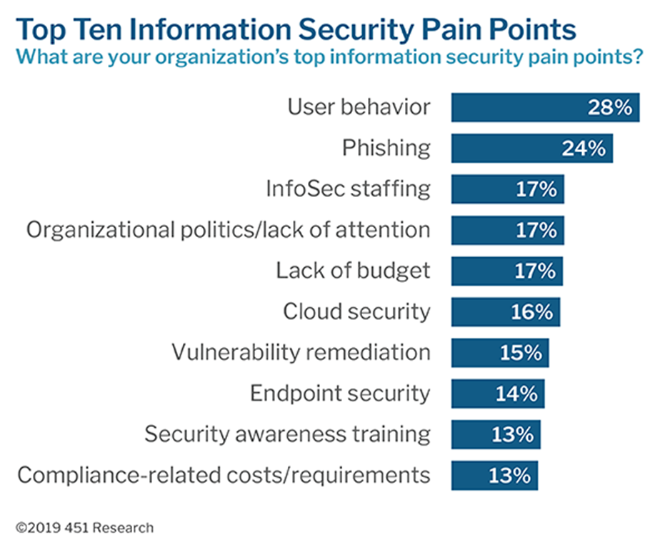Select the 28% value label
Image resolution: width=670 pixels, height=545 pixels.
coord(610,108)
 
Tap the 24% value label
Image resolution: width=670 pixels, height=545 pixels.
coord(584,149)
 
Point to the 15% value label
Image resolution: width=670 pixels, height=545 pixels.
coord(521,353)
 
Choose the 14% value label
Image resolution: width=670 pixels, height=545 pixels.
coord(516,394)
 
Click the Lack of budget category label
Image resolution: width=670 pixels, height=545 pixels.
coord(353,271)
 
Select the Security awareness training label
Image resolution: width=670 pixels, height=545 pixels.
coord(287,434)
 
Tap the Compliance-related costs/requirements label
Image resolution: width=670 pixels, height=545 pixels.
coord(224,474)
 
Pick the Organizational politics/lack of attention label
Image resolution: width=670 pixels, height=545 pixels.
coord(228,230)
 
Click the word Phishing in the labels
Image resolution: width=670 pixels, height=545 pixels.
coord(386,149)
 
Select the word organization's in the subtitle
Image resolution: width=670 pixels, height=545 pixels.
coord(188,56)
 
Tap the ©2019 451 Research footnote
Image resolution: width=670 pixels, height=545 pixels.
coord(85,528)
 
